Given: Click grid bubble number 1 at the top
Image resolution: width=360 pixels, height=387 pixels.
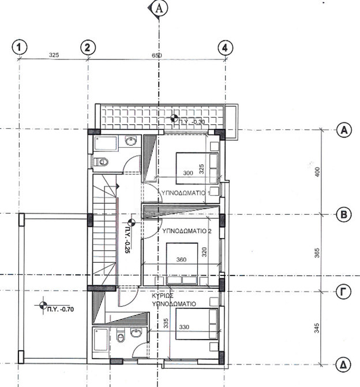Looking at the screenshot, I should click(20, 47).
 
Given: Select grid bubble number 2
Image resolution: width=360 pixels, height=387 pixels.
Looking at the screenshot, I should click(87, 47).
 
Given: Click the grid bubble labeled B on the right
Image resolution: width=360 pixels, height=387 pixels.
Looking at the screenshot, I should click(344, 215).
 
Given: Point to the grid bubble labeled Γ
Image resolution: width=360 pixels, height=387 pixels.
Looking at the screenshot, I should click(344, 292).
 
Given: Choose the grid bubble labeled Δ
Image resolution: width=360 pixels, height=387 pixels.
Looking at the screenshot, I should click(344, 364).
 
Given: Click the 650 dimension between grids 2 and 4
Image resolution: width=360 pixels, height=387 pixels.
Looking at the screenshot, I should click(157, 56).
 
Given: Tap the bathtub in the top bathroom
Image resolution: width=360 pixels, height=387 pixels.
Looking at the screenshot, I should click(106, 142).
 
